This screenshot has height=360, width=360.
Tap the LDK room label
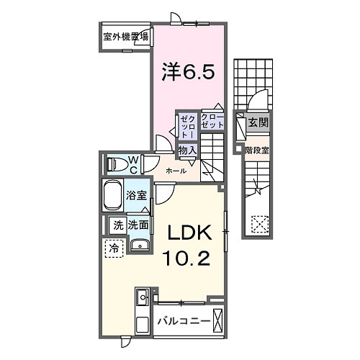190,234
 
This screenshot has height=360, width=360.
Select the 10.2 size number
190,257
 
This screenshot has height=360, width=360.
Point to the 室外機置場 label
125,37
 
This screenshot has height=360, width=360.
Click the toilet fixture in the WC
116,164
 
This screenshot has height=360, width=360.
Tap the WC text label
134,164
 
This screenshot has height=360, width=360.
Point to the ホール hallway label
176,171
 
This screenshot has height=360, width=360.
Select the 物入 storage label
187,150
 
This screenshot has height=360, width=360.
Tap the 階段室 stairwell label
257,150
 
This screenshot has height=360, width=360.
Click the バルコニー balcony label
185,323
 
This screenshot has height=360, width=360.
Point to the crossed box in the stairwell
258,225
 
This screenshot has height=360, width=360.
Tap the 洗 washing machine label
117,225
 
